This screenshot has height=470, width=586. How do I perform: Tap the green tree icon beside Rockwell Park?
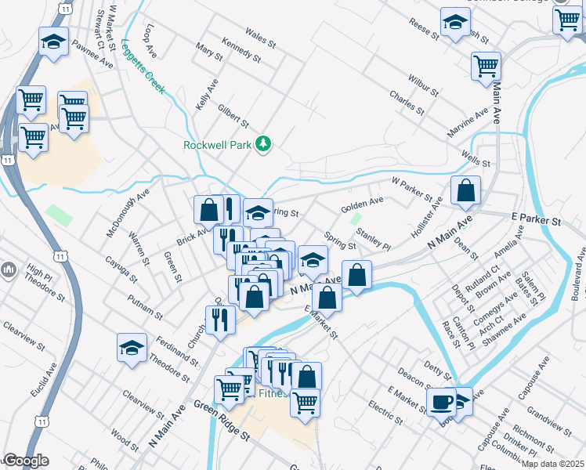(265, 144)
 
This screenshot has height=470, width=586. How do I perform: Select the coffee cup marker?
(441, 403)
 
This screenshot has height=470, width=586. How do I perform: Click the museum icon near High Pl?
(9, 271)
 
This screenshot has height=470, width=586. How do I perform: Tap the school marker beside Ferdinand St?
(132, 348)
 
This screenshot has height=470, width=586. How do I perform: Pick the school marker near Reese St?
(454, 23)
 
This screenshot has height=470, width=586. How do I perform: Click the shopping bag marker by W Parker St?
(465, 190)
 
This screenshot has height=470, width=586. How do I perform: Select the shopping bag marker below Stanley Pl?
(356, 276)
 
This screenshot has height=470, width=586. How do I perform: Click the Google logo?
(25, 461)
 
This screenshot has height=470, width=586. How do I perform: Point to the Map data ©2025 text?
(553, 464)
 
